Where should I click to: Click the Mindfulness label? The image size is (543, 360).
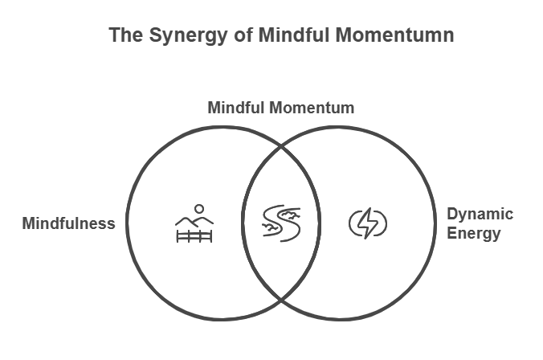point(68,223)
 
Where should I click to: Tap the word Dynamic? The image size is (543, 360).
point(480,215)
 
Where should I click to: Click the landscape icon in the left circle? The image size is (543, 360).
point(194,223)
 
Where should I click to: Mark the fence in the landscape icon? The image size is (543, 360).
point(194,235)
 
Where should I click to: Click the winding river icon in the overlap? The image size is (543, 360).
point(281,223)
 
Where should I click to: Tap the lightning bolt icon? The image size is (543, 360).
point(368,223)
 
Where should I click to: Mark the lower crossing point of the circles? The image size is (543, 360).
point(281,297)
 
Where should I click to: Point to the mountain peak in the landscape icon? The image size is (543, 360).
point(187,215)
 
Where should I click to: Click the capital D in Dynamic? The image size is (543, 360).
point(452,215)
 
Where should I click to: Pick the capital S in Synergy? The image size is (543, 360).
point(154,36)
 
